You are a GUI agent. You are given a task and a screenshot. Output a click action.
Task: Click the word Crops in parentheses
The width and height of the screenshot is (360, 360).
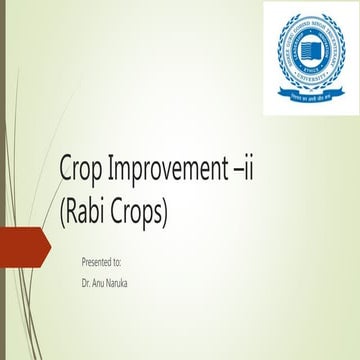(x=146, y=213)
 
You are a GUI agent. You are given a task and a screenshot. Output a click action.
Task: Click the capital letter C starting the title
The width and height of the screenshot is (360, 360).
(x=67, y=171)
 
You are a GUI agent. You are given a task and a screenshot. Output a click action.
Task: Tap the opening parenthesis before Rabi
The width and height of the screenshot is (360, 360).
(x=65, y=213)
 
